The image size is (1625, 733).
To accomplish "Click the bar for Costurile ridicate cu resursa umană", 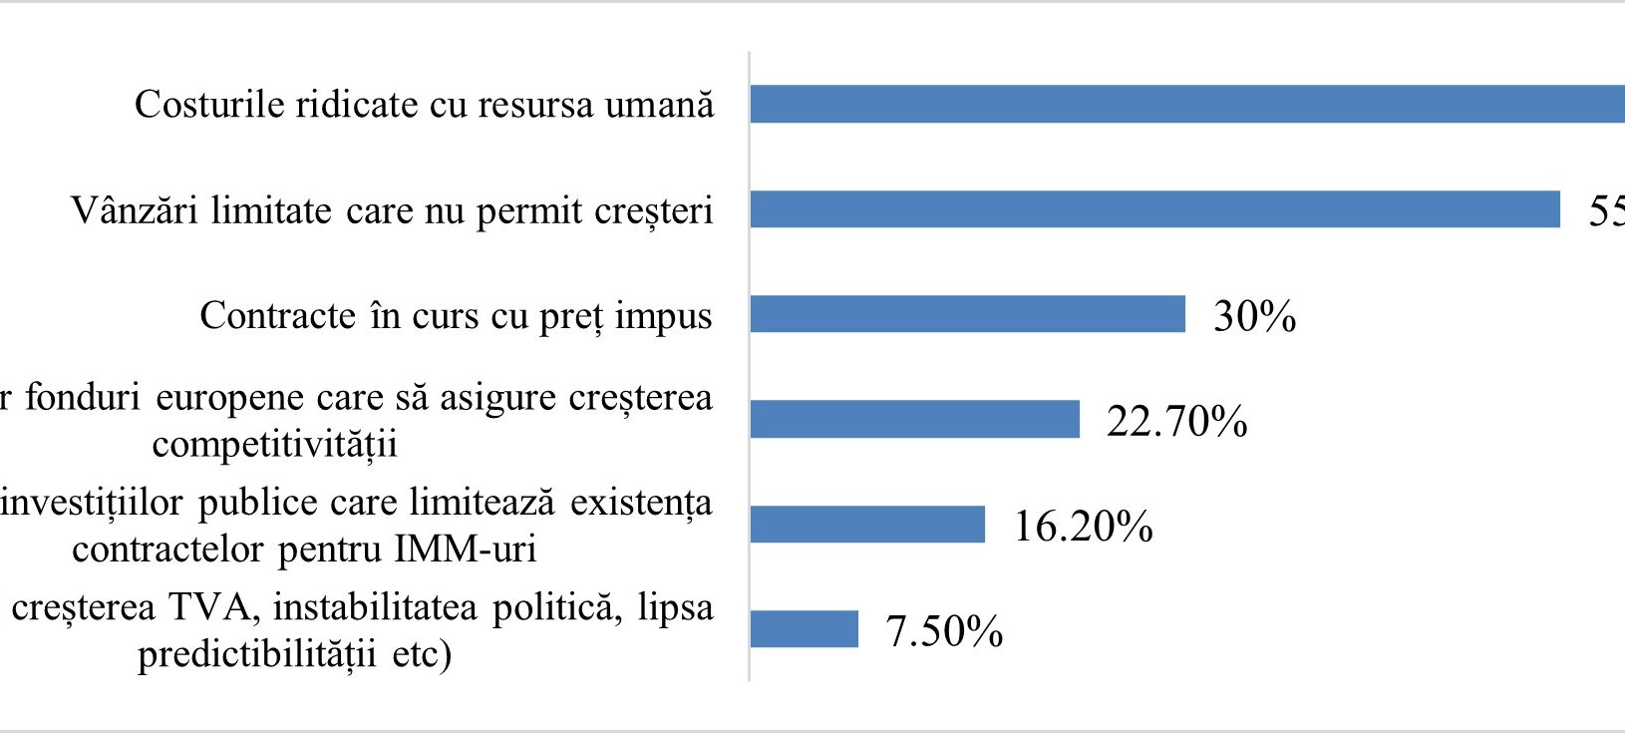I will click(x=1186, y=105).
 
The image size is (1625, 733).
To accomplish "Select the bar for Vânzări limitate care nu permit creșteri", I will click(x=1154, y=209).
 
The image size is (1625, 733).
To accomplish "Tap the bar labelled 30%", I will click(x=967, y=314).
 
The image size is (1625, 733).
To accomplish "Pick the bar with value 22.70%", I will click(x=914, y=419).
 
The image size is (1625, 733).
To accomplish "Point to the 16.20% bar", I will click(x=867, y=525).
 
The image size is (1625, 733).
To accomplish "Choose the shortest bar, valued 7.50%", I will click(x=804, y=629).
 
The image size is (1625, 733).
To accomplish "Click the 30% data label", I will click(x=1254, y=316).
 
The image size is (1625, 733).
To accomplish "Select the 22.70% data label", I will click(x=1176, y=421).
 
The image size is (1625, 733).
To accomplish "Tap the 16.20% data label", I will click(x=1083, y=527).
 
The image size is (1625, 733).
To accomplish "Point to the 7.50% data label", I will click(x=944, y=631).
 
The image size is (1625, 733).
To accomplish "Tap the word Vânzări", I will click(x=135, y=210).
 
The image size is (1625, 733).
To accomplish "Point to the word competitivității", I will click(x=274, y=444).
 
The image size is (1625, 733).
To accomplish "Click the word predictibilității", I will click(x=256, y=654).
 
